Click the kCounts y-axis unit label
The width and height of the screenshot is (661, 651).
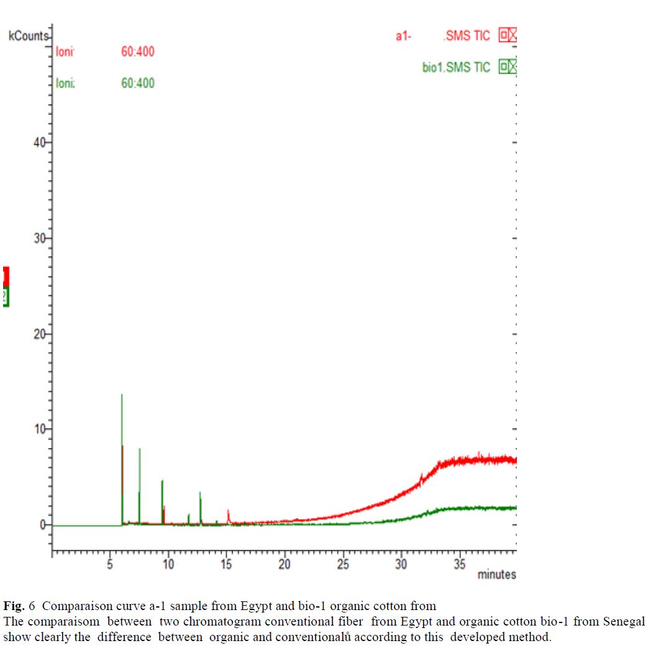27,36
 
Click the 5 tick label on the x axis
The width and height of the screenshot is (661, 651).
110,564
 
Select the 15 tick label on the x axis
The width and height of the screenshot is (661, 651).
227,564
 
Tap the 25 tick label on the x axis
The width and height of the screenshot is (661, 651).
343,564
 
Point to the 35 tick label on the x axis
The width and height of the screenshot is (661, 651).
460,564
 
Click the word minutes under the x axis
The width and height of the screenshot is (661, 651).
496,575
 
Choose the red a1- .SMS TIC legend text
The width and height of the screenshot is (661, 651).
443,36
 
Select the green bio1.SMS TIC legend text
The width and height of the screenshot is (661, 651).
456,68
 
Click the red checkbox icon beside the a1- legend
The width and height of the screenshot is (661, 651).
508,35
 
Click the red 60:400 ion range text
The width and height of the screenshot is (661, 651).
137,52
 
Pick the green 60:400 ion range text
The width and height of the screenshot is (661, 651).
137,83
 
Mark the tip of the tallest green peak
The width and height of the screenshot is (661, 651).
122,395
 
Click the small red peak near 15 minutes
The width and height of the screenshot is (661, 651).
229,511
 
